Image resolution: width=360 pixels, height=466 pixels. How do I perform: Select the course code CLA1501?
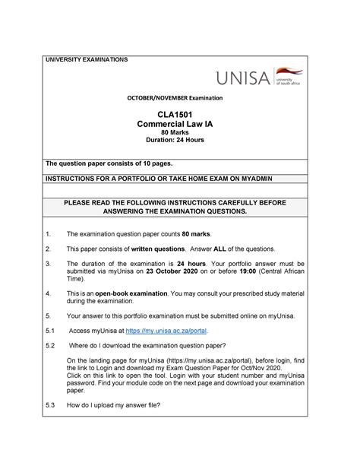click(x=180, y=114)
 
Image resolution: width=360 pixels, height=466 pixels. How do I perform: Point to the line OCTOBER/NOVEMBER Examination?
click(x=180, y=99)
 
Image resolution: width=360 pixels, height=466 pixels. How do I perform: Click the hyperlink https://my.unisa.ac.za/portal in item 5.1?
click(x=166, y=331)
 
